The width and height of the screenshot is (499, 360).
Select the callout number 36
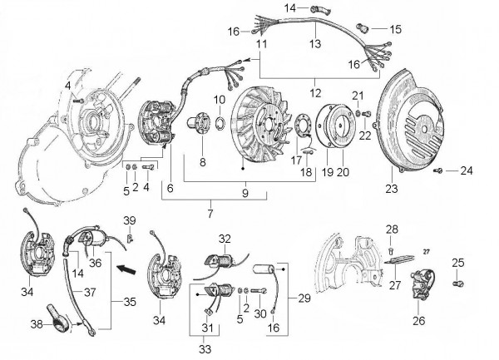click(x=95, y=263)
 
